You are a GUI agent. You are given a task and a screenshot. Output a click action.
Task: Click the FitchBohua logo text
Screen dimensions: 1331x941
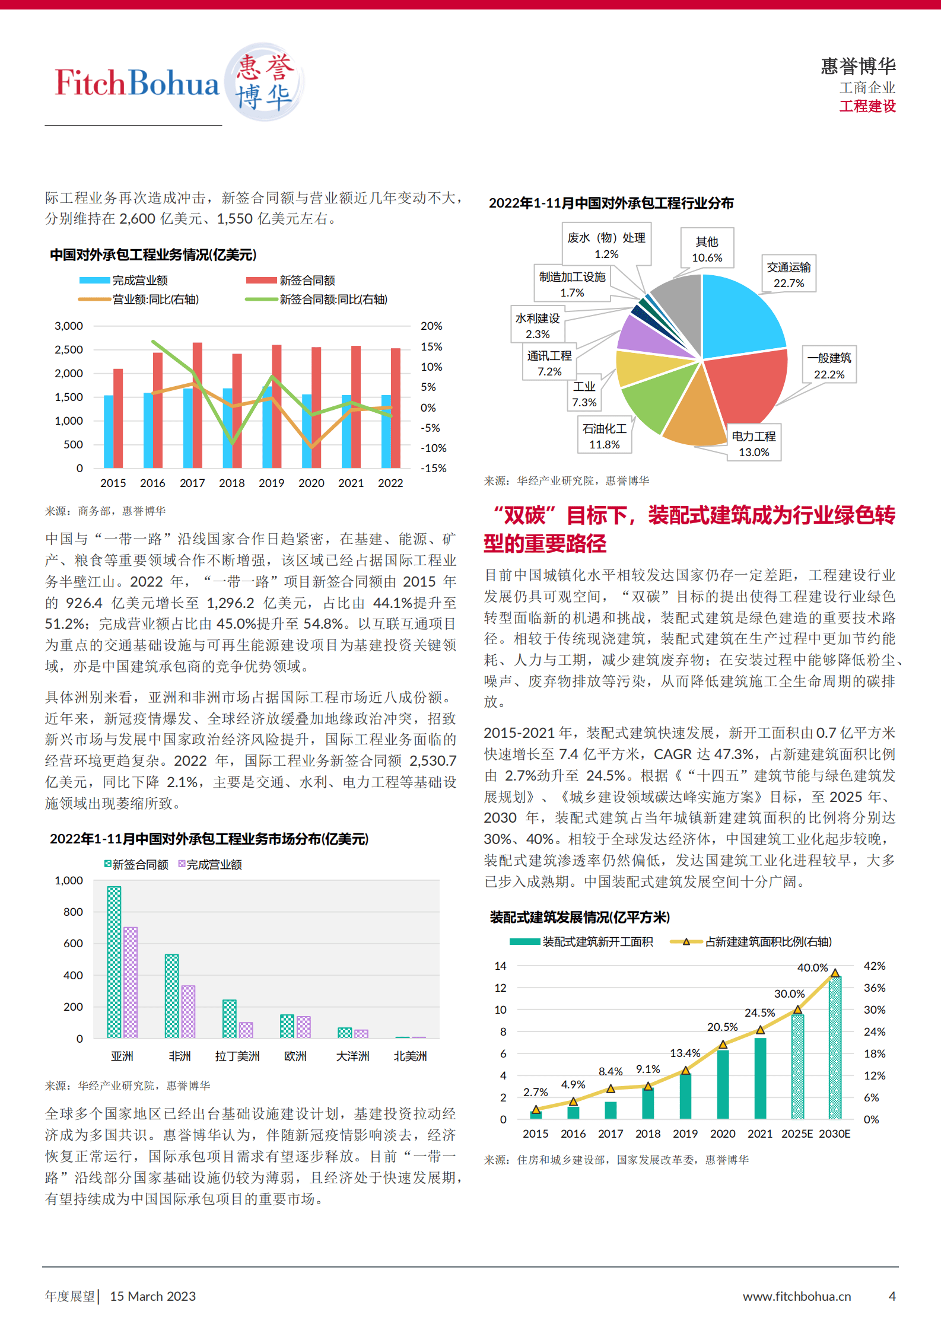point(137,82)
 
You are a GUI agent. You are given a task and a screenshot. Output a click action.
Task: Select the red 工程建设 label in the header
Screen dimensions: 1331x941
point(867,106)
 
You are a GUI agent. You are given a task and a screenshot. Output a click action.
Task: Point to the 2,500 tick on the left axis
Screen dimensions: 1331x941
point(69,349)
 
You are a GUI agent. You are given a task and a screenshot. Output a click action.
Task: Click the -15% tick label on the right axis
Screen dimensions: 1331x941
point(433,468)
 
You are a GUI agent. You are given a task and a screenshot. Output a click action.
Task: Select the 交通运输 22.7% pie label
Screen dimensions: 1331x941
point(789,275)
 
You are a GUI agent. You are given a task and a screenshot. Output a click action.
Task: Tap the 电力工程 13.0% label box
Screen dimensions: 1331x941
point(754,444)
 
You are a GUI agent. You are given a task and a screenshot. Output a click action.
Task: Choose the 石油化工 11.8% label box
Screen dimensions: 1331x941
point(604,436)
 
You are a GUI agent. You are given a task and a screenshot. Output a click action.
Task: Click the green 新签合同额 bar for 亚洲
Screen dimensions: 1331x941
point(114,961)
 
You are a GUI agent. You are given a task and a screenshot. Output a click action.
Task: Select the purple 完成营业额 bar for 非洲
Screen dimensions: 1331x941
point(188,1011)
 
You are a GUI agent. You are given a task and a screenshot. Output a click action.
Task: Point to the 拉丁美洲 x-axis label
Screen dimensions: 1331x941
point(237,1056)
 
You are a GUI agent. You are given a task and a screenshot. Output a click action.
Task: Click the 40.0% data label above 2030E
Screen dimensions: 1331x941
point(812,967)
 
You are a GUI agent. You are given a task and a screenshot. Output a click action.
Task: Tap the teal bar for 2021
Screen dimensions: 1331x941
point(760,1078)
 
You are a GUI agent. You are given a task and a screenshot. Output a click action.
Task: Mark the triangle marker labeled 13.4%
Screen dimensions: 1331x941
point(685,1070)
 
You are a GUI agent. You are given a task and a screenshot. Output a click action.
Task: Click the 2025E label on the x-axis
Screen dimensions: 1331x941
point(796,1133)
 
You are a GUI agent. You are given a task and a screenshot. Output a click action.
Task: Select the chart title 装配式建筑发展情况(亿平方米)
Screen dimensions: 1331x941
point(579,917)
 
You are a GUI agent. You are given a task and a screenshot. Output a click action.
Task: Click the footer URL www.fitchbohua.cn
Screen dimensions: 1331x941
point(796,1296)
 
